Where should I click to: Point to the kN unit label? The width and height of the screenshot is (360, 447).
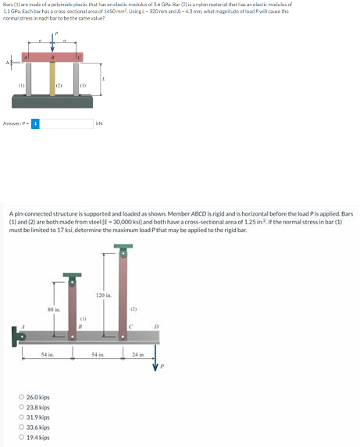click(x=98, y=123)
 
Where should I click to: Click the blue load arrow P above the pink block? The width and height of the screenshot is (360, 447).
click(x=52, y=44)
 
